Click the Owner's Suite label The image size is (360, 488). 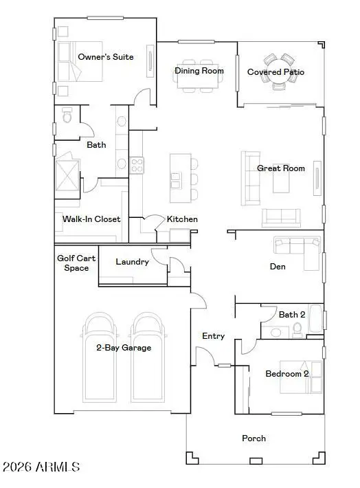coord(106,57)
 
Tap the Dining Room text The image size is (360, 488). coord(199,71)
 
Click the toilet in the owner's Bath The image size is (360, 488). coord(67,115)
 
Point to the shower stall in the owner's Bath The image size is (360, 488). coord(67,175)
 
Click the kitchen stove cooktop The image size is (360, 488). coord(136,165)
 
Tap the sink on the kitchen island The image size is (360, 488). coord(175,181)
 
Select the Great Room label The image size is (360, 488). coord(281,168)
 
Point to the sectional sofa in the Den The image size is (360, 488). coord(297,249)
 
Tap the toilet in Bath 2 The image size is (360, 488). coord(297,330)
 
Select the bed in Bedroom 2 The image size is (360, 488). coord(301,377)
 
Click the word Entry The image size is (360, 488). coord(214,336)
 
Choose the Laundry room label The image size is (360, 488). coord(132,262)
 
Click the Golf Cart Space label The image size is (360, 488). coord(76,263)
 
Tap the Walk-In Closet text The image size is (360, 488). coord(91,219)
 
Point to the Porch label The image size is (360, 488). coord(254,439)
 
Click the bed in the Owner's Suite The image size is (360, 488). coord(80,62)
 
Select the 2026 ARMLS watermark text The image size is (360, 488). coord(41,467)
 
